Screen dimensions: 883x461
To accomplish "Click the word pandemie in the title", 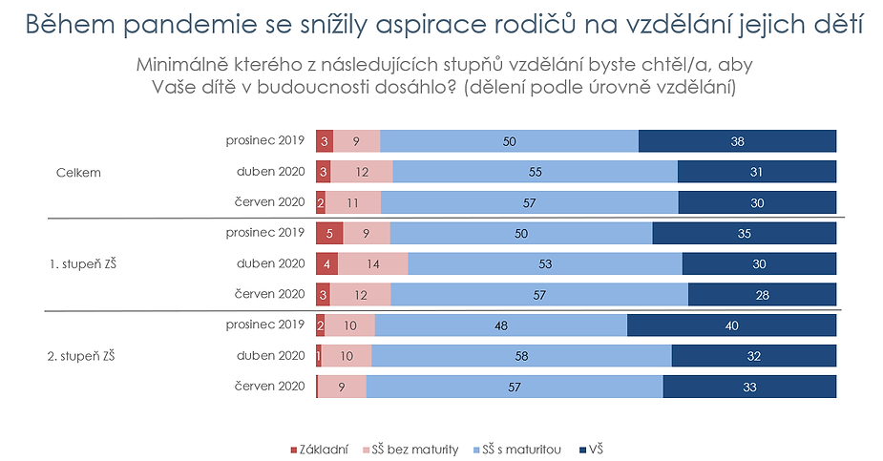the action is pyautogui.click(x=190, y=26).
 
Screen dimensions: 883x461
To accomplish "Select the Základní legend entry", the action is pyautogui.click(x=319, y=450).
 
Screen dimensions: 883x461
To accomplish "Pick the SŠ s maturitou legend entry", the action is pyautogui.click(x=517, y=450).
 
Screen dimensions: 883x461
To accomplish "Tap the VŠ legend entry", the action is pyautogui.click(x=591, y=450).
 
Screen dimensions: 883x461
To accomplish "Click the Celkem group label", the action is pyautogui.click(x=78, y=173).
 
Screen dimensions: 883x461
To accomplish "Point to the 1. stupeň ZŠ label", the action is pyautogui.click(x=83, y=264).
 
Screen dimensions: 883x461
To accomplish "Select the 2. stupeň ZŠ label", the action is pyautogui.click(x=81, y=356).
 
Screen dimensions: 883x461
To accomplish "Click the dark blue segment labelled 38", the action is pyautogui.click(x=737, y=141).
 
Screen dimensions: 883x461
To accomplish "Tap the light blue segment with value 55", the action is pyautogui.click(x=535, y=172).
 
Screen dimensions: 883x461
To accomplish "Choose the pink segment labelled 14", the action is pyautogui.click(x=373, y=263).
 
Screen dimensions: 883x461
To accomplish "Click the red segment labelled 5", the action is pyautogui.click(x=329, y=233).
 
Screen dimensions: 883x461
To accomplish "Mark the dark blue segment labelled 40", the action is pyautogui.click(x=731, y=325).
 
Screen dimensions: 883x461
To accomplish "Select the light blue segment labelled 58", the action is pyautogui.click(x=521, y=356).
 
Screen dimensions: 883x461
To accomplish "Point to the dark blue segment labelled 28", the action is pyautogui.click(x=762, y=294).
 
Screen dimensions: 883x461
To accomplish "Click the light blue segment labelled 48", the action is pyautogui.click(x=500, y=325).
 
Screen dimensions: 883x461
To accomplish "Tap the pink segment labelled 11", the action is pyautogui.click(x=353, y=202).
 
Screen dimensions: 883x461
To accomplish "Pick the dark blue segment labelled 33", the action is pyautogui.click(x=749, y=387).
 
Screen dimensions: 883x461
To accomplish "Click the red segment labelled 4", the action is pyautogui.click(x=327, y=263).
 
